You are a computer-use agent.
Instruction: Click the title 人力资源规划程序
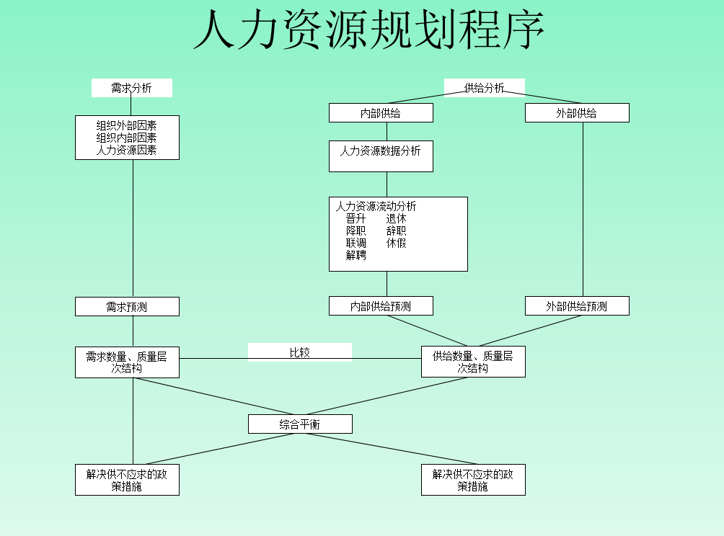coord(368,31)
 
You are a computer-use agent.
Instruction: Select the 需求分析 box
coord(131,88)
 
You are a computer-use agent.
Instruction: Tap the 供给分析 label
coord(484,88)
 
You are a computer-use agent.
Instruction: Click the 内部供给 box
coord(381,113)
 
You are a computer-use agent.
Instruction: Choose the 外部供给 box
coord(576,113)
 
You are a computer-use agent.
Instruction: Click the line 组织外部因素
coord(127,125)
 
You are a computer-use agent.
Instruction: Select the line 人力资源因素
coord(127,151)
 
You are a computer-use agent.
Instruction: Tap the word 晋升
coord(356,218)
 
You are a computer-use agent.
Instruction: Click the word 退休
coord(396,218)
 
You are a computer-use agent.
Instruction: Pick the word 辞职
coord(396,231)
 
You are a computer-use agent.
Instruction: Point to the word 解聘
coord(356,255)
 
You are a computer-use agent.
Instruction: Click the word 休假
coord(396,243)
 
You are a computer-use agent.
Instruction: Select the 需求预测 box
coord(127,307)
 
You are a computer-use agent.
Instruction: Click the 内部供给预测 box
coord(381,306)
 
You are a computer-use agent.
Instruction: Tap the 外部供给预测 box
coord(576,306)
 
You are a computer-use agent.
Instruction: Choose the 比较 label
coord(299,352)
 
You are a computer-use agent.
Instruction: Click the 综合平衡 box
coord(300,424)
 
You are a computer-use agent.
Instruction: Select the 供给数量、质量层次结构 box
coord(473,362)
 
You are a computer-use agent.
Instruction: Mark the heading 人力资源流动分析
coord(376,206)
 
